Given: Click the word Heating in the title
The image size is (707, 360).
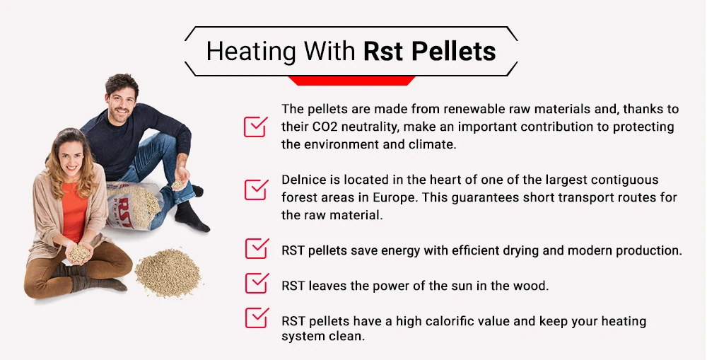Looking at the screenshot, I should [x=251, y=52].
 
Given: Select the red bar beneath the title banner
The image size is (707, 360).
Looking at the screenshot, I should [x=352, y=81].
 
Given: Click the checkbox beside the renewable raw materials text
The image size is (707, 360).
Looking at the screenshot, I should [x=255, y=126].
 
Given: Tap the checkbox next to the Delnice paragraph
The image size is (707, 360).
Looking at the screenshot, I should [x=255, y=189].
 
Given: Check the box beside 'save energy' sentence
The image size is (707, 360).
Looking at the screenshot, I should [x=255, y=249].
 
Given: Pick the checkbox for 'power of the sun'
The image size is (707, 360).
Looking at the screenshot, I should [x=255, y=283].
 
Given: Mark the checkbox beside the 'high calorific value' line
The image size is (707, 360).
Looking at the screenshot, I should [x=255, y=318].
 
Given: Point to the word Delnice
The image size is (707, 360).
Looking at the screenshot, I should [x=305, y=180].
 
